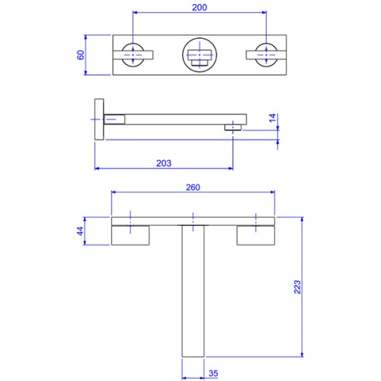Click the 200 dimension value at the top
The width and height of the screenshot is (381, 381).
click(x=200, y=8)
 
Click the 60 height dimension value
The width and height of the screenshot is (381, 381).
click(x=81, y=55)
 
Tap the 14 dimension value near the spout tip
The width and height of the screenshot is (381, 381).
click(x=272, y=118)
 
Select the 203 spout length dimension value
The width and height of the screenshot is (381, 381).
click(x=164, y=163)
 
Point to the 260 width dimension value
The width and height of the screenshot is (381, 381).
click(x=193, y=187)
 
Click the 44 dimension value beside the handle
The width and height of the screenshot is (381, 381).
click(x=80, y=231)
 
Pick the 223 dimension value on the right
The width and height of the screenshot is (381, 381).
click(x=297, y=287)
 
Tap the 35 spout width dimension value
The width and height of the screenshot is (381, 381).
click(x=213, y=373)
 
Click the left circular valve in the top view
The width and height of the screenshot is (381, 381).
click(x=133, y=55)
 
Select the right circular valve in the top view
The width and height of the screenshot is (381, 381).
click(x=266, y=55)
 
